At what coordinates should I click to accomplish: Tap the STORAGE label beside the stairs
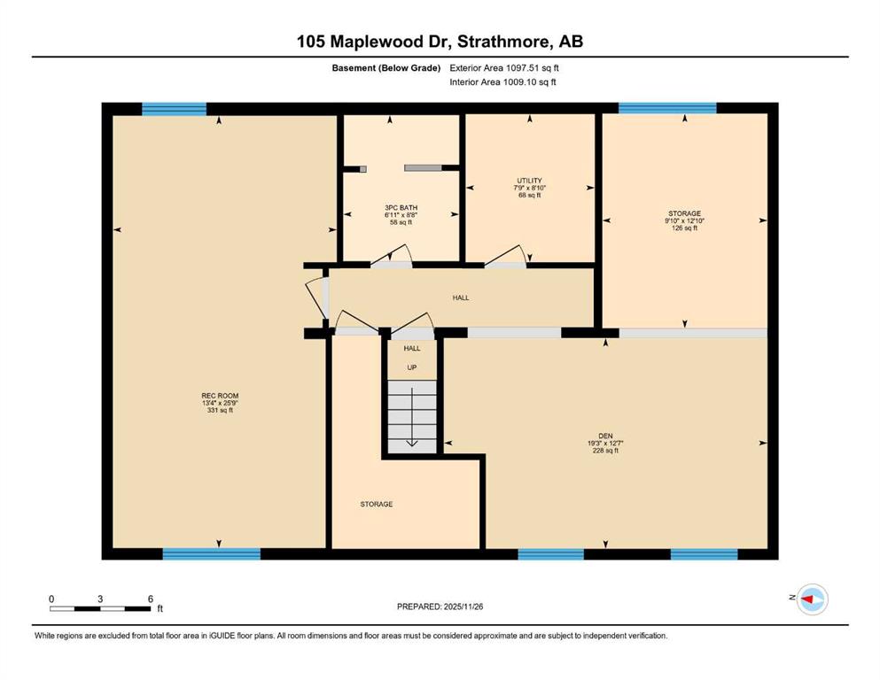tap(377, 505)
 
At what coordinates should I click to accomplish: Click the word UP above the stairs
tap(412, 367)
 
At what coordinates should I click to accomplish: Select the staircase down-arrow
tap(412, 416)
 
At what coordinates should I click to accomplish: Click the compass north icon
tap(812, 599)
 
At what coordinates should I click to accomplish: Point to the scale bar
tap(101, 608)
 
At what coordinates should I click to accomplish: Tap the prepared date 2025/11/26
tap(463, 607)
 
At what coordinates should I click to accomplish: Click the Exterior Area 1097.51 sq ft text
tap(504, 68)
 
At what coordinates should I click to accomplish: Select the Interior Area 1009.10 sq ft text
tap(502, 82)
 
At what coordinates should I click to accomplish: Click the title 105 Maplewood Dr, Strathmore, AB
tap(440, 42)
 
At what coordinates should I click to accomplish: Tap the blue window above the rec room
tap(174, 109)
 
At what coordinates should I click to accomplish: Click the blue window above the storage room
tap(667, 108)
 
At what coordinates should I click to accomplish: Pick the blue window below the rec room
tap(212, 554)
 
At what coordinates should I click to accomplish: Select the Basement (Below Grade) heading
tap(386, 68)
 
